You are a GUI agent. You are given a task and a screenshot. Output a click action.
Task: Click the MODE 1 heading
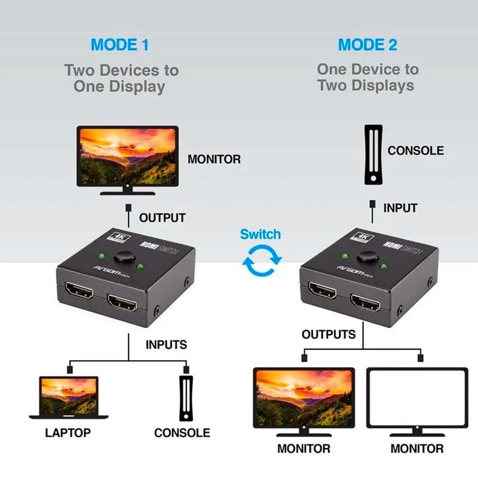coord(119,45)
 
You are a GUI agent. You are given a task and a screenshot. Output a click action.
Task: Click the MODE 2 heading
coord(367,45)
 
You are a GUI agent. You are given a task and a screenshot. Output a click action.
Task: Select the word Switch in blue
coord(261,234)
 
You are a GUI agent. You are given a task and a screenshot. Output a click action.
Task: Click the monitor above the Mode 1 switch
coord(127,157)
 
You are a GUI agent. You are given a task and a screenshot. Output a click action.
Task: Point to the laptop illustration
coord(69,397)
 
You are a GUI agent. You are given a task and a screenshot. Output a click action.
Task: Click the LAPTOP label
coord(68,433)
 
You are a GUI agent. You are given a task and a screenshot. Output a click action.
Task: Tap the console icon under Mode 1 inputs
coord(187,397)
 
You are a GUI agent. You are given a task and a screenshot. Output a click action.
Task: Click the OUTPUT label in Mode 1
coord(162,218)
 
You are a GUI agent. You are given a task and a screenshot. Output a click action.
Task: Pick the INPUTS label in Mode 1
coord(166,345)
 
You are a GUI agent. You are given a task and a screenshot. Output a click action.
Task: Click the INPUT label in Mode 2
coord(400,209)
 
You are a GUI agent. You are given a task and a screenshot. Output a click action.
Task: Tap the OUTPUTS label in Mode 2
coord(329,334)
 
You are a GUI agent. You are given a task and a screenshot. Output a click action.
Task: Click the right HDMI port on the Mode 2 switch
coord(366,304)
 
